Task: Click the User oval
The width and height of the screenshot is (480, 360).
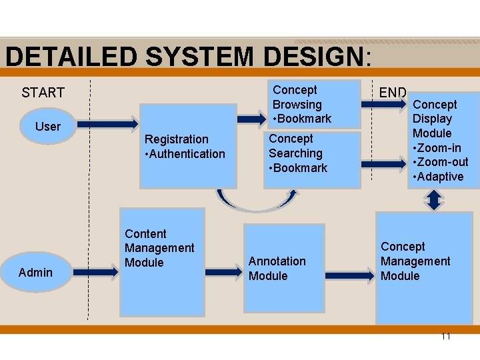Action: (x=47, y=126)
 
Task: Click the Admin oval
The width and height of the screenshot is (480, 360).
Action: (x=36, y=272)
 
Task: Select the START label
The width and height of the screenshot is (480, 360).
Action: (x=43, y=93)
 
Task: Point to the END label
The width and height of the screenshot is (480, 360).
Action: (x=393, y=93)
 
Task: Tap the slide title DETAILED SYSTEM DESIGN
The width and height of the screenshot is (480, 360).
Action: (x=186, y=57)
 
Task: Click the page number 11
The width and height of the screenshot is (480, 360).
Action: (x=445, y=336)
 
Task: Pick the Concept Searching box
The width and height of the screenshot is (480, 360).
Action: (x=312, y=159)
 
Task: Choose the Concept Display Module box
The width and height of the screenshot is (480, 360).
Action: (x=443, y=140)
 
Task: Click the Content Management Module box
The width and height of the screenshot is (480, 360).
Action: (x=162, y=261)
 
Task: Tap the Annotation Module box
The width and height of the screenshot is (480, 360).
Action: (x=284, y=269)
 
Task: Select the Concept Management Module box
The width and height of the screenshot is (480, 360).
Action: (x=424, y=267)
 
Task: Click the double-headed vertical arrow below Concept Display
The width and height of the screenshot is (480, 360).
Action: (x=434, y=200)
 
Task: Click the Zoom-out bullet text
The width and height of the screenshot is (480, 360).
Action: (x=441, y=162)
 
